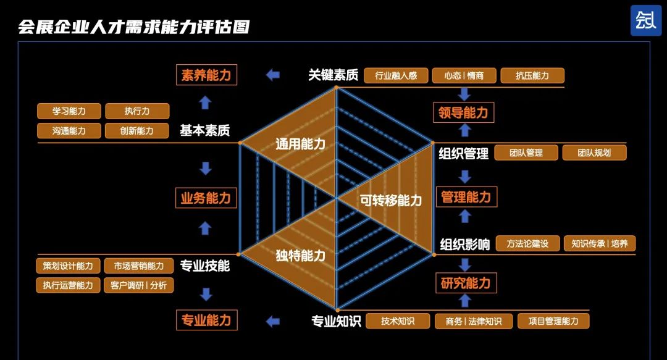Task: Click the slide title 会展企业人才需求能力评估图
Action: pos(133,27)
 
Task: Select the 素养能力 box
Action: pos(206,75)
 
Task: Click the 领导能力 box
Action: pos(463,112)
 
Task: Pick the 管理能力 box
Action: pos(466,197)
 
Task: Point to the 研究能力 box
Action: pos(466,283)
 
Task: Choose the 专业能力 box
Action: pos(206,320)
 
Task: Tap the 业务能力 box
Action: pos(206,198)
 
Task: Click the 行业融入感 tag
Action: pos(395,76)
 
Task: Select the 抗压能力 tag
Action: pos(532,76)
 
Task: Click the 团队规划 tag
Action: pos(594,153)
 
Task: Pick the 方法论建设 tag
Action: pos(527,243)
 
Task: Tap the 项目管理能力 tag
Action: pos(553,321)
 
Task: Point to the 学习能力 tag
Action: pos(69,111)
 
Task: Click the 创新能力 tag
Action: pos(137,131)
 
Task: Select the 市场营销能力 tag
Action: pos(135,266)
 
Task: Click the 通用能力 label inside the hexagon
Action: pos(300,144)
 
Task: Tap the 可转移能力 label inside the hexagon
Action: pos(391,200)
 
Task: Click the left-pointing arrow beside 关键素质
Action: pos(272,75)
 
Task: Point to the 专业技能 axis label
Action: pos(205,266)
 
